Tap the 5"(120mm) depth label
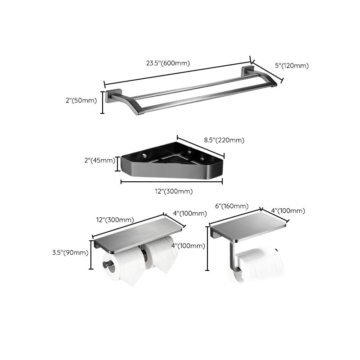[292, 66]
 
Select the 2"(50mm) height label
[81, 100]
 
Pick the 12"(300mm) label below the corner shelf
[171, 191]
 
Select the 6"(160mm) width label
[231, 206]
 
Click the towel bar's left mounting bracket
[112, 97]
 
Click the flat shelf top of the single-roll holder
[250, 225]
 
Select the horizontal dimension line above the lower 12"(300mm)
[171, 182]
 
